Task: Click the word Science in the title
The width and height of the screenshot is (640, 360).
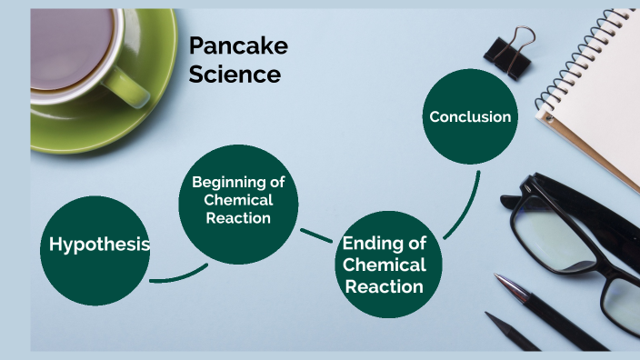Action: tap(235, 75)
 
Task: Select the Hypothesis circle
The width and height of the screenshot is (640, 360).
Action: tap(97, 245)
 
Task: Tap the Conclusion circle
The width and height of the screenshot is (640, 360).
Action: tap(469, 116)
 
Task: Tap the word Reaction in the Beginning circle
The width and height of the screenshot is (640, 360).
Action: tap(238, 218)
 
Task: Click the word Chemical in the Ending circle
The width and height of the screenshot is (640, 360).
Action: tap(384, 265)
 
